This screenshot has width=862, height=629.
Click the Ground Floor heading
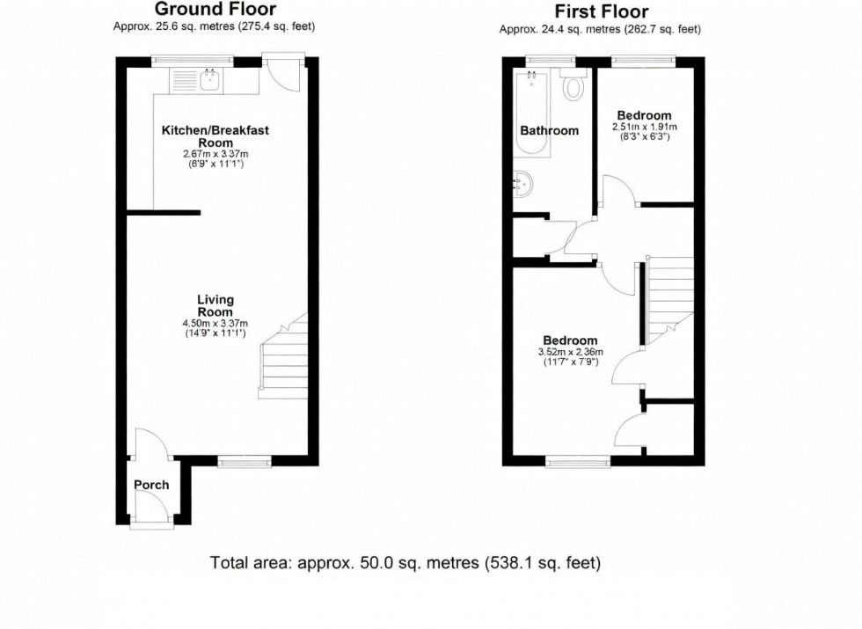click(215, 10)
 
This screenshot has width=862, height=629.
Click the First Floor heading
click(601, 11)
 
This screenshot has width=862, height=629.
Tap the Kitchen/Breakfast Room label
click(215, 136)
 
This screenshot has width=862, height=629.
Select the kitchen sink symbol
click(210, 81)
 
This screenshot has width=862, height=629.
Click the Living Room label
click(215, 306)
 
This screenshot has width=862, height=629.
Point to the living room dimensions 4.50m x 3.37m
click(215, 328)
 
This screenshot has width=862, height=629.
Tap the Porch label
click(151, 485)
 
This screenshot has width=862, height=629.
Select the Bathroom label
click(549, 130)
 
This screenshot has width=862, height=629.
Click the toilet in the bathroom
click(574, 87)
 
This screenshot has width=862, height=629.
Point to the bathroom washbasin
click(522, 184)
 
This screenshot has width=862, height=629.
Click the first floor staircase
click(670, 295)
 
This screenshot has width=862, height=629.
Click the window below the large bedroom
click(578, 461)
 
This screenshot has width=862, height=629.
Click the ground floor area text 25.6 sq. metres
click(214, 26)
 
